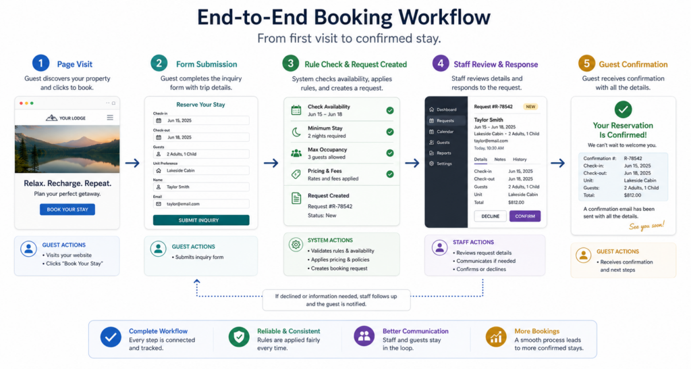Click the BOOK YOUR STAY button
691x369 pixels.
(67, 210)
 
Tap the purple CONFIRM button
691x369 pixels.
(525, 216)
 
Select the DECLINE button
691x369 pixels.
(490, 216)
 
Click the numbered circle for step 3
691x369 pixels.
(290, 64)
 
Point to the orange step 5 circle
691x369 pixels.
(586, 64)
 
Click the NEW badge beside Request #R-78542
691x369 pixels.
(530, 106)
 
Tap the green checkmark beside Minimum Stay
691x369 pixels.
(390, 132)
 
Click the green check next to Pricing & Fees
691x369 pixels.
(390, 174)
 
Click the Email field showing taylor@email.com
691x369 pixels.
(201, 204)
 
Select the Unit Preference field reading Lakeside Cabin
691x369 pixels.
(201, 170)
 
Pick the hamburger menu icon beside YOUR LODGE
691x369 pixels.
(110, 118)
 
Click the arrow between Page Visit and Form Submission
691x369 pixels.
(132, 163)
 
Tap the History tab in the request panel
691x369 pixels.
(520, 159)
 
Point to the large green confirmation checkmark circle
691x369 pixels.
(623, 109)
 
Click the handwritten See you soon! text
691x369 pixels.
(646, 226)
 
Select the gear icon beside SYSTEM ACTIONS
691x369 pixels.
(296, 244)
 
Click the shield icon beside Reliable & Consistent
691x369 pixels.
(239, 337)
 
